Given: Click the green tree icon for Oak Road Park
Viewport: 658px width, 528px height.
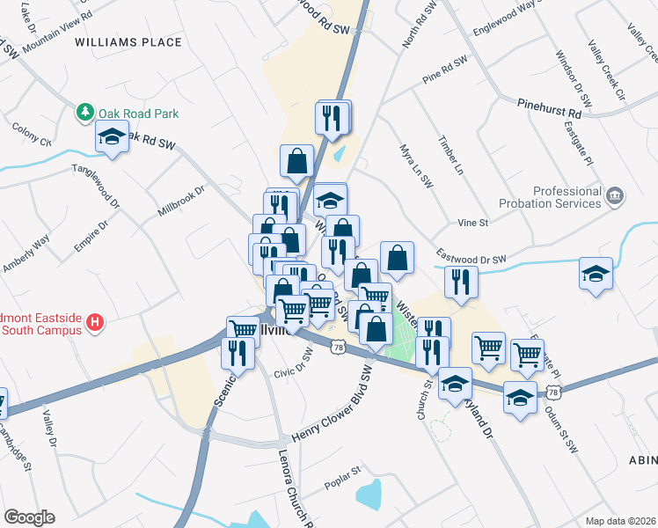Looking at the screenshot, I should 85,113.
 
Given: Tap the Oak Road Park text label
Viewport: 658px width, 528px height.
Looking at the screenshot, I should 138,114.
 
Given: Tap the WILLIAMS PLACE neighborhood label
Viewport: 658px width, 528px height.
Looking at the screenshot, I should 128,41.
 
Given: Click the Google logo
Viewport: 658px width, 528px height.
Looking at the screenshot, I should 29,517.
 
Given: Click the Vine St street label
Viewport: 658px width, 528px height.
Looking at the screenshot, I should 472,224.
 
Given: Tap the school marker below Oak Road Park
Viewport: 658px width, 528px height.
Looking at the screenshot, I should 112,138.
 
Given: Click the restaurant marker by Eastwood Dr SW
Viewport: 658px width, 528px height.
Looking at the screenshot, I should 460,282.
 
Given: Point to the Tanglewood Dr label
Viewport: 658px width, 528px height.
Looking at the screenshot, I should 94,180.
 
